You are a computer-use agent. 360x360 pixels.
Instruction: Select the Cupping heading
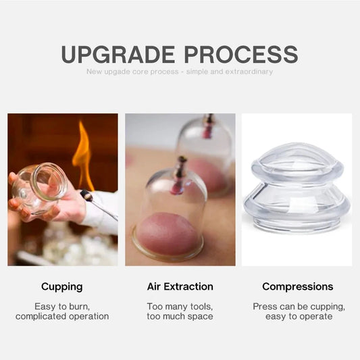[62, 286]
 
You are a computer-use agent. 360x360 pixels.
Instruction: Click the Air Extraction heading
[180, 286]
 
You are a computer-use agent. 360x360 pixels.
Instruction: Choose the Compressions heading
[297, 286]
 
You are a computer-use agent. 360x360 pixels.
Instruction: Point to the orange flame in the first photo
[83, 156]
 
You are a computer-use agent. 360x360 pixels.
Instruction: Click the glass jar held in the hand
[39, 186]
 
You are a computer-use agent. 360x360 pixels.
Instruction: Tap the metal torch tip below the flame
[87, 196]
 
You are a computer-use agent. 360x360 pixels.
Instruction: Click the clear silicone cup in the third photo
[297, 192]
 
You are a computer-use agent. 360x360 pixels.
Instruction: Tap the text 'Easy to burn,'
[62, 307]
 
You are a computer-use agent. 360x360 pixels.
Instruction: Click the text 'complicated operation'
[62, 316]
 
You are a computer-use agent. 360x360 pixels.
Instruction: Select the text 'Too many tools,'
[180, 307]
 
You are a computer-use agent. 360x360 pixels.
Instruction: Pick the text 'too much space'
[180, 316]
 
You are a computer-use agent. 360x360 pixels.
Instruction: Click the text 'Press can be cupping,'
[298, 307]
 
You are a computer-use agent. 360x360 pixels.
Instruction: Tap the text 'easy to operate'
[298, 316]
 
